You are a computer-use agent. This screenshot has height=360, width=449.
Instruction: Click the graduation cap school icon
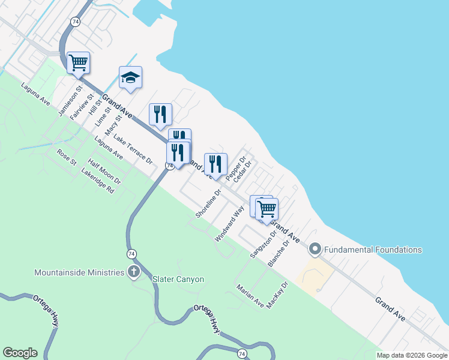click(x=130, y=77)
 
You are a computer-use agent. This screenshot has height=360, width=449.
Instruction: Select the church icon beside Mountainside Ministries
click(x=133, y=272)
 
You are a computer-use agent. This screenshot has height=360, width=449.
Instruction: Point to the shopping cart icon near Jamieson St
click(x=78, y=62)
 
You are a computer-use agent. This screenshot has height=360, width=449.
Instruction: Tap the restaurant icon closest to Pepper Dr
click(x=215, y=164)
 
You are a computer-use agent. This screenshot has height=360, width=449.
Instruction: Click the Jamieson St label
click(x=68, y=104)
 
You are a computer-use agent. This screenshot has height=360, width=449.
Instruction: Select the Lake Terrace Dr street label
click(x=133, y=149)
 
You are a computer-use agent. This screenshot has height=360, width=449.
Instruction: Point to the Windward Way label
click(x=229, y=223)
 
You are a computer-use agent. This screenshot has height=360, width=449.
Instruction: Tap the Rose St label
click(x=67, y=158)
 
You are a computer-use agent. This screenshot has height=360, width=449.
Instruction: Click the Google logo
click(x=20, y=353)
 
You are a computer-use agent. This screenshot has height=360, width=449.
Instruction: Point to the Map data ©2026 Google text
click(x=411, y=355)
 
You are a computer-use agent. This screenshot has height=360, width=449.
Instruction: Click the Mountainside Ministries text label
click(x=79, y=272)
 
